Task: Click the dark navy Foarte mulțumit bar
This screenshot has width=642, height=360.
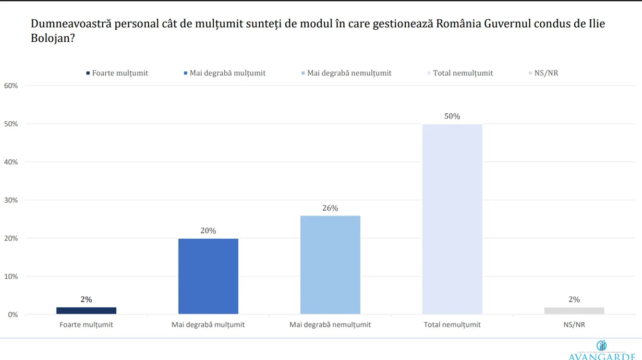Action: [x=86, y=311]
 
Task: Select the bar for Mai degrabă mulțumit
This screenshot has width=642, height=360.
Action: [x=208, y=276]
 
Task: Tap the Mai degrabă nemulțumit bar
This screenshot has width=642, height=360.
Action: [x=330, y=265]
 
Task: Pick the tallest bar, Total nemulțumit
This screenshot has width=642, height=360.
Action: [x=452, y=219]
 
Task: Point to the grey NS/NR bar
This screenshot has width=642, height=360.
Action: [x=574, y=311]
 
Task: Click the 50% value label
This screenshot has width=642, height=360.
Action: [x=452, y=116]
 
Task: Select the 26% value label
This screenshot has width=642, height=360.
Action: [x=330, y=208]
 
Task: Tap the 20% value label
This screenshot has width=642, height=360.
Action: [x=208, y=230]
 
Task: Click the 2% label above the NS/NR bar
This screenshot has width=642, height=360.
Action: [x=574, y=300]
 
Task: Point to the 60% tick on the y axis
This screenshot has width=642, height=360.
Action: [x=11, y=85]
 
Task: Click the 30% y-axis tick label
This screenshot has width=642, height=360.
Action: [x=11, y=200]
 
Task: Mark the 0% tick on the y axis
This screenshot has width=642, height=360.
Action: [x=13, y=314]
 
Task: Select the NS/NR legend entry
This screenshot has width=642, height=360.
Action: [x=546, y=73]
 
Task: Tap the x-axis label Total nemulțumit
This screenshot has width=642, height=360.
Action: [x=452, y=324]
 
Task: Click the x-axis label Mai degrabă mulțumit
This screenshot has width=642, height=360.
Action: [x=208, y=324]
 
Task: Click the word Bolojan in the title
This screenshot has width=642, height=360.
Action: [x=50, y=38]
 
